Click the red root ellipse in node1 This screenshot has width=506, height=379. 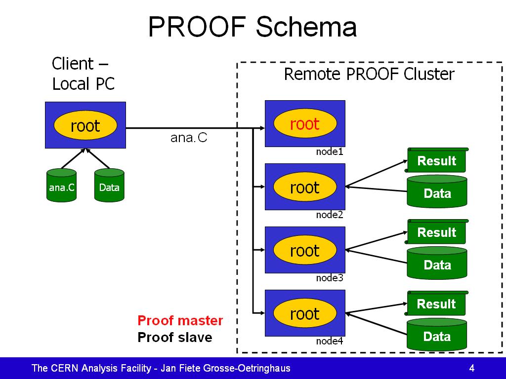(305, 123)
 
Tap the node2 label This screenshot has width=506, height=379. (330, 215)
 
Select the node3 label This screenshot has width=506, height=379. (330, 278)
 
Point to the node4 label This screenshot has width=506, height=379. (330, 341)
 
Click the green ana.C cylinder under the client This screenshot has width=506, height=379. (62, 186)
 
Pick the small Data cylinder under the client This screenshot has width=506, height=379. (109, 186)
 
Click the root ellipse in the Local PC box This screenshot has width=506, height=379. (85, 125)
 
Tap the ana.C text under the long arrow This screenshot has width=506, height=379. (189, 138)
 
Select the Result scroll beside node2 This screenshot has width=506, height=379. (437, 160)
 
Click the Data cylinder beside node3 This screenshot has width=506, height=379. (437, 263)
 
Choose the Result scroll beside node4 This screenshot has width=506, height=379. (437, 303)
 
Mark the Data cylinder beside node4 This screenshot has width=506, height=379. (437, 334)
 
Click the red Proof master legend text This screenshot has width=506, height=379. (180, 321)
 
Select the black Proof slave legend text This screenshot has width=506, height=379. (175, 338)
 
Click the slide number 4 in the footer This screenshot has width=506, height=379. (472, 368)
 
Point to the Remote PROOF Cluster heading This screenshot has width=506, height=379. (369, 74)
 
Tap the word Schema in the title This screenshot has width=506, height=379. (306, 27)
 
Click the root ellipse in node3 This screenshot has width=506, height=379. (305, 250)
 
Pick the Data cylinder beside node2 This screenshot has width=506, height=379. (437, 191)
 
